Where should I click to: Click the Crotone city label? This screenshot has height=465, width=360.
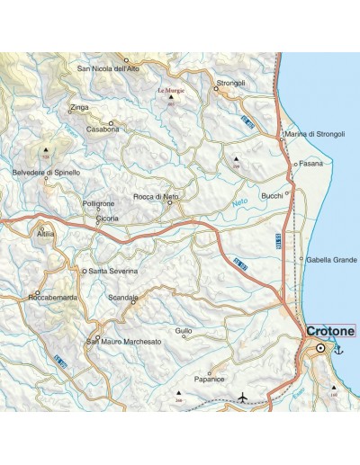(331, 331)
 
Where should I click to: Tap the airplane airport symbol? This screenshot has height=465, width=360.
(244, 396)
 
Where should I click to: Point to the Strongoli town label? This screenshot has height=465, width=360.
(231, 83)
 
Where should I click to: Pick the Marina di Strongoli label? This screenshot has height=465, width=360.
(314, 134)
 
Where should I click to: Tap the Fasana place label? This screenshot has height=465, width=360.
(310, 165)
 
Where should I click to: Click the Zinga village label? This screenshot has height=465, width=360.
(80, 106)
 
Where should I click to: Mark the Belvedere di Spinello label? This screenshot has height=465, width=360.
(46, 172)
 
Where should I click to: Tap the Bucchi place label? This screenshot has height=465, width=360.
(272, 195)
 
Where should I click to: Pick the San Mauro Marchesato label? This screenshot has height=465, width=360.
(123, 342)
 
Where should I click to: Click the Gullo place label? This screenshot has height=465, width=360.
(184, 331)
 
